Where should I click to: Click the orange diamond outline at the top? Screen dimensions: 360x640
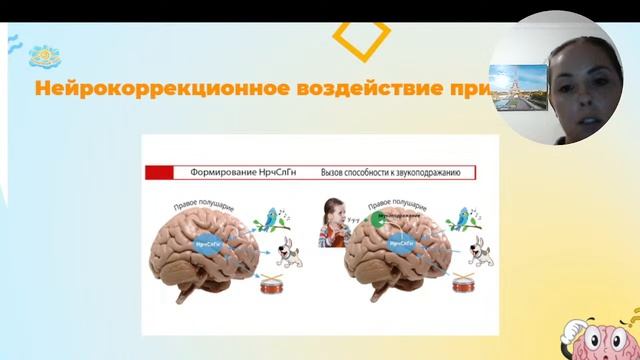(x=360, y=36)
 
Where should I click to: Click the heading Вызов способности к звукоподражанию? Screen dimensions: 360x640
(x=390, y=172)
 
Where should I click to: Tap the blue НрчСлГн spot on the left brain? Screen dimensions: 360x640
(x=207, y=243)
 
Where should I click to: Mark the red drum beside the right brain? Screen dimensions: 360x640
(x=464, y=286)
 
